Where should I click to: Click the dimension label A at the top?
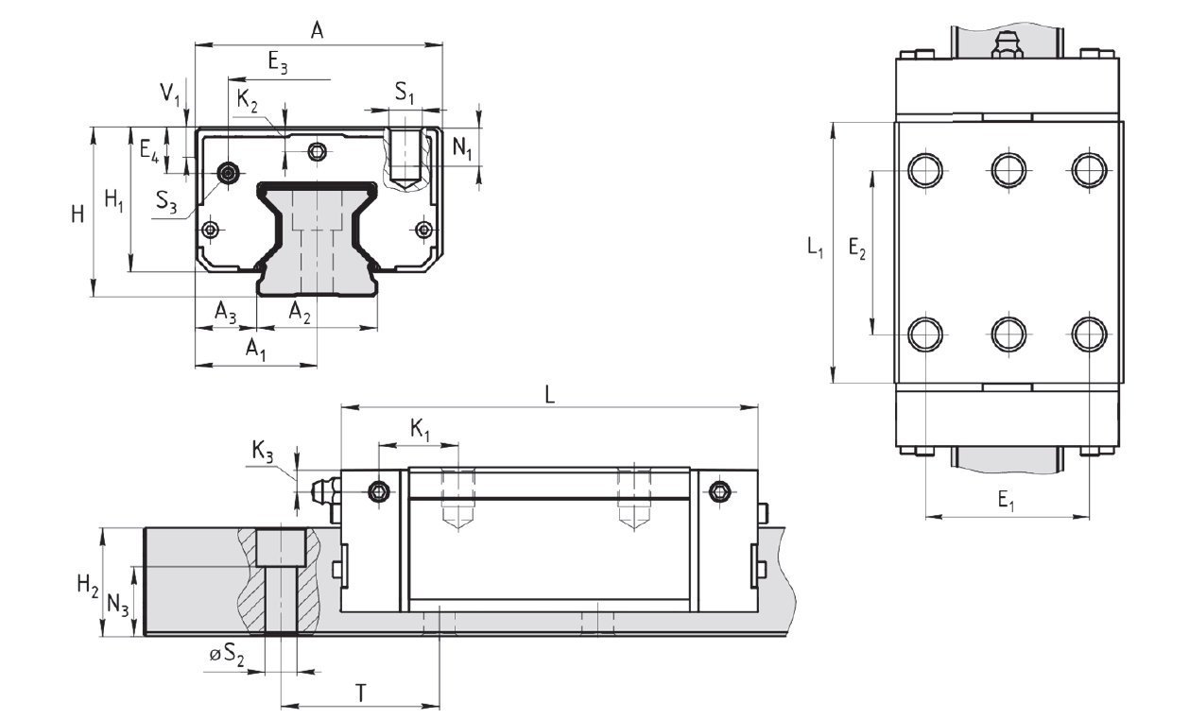pos(317,30)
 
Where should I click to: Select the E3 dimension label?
pos(278,63)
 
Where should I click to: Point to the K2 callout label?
pos(248,101)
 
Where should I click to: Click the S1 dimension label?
pos(404,93)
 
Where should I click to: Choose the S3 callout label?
pos(166,202)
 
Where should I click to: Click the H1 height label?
pos(114,200)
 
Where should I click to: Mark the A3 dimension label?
pos(225,312)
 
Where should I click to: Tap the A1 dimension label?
pos(255,350)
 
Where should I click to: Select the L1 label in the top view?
pos(815,248)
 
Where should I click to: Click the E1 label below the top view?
pos(1006,501)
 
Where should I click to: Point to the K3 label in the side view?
pos(262,452)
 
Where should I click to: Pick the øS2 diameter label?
pos(227,655)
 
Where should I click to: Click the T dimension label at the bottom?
pos(361,694)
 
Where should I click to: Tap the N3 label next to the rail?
pos(118,606)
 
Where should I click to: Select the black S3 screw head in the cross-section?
pos(229,172)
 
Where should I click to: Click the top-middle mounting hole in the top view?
pos(1008,170)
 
